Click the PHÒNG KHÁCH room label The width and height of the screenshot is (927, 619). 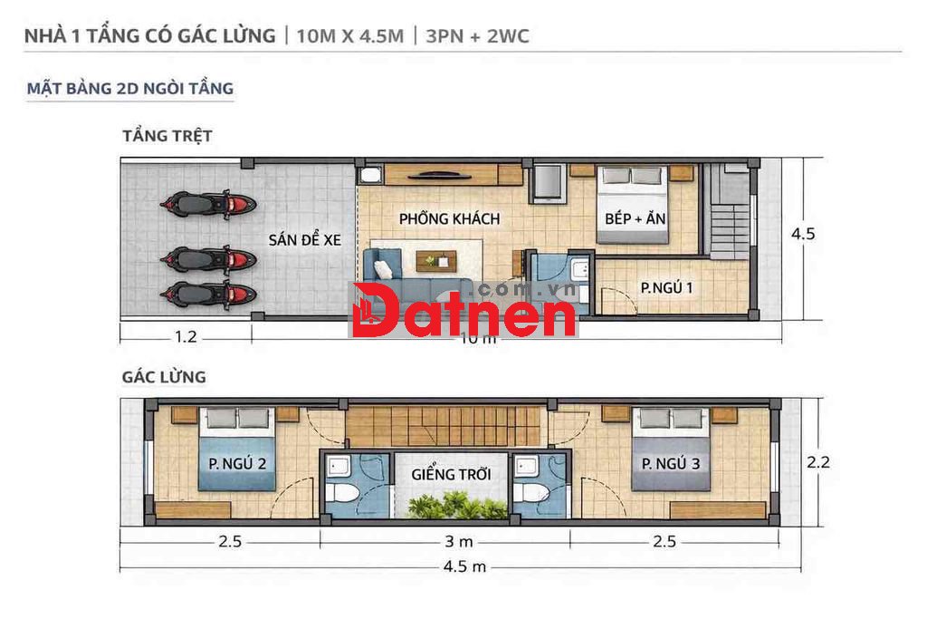pyautogui.click(x=449, y=219)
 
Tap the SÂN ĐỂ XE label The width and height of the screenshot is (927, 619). pyautogui.click(x=304, y=239)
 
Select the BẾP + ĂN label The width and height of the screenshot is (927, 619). pyautogui.click(x=635, y=218)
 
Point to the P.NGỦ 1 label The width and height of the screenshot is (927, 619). pyautogui.click(x=666, y=287)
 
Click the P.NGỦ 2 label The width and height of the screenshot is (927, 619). pyautogui.click(x=237, y=463)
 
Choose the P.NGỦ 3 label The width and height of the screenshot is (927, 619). pyautogui.click(x=671, y=463)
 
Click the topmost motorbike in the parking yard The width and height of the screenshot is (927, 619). pyautogui.click(x=207, y=205)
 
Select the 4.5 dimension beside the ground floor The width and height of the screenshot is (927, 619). pyautogui.click(x=803, y=234)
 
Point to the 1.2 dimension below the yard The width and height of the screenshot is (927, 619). pyautogui.click(x=186, y=337)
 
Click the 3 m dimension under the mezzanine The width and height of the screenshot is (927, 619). pyautogui.click(x=459, y=541)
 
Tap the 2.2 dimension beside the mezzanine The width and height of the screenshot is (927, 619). pyautogui.click(x=818, y=461)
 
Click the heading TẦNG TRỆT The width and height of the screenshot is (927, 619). pyautogui.click(x=167, y=136)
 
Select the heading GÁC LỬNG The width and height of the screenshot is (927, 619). pyautogui.click(x=164, y=377)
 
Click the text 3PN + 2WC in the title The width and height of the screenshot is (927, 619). pyautogui.click(x=477, y=36)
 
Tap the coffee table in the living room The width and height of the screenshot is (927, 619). pyautogui.click(x=436, y=261)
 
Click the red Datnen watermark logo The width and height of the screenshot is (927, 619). pyautogui.click(x=464, y=310)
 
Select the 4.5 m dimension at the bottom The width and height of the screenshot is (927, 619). pyautogui.click(x=464, y=567)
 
